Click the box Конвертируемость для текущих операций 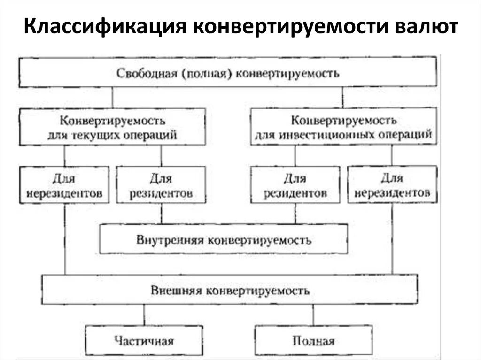(x=112, y=127)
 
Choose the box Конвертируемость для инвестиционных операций (x=343, y=127)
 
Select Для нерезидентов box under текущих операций (x=64, y=184)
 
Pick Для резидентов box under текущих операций (x=161, y=184)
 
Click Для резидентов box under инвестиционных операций (x=295, y=184)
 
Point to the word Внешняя (x=174, y=290)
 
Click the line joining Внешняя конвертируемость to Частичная (x=144, y=315)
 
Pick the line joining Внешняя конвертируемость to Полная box (x=313, y=315)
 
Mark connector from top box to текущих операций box (x=112, y=98)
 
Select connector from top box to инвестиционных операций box (x=342, y=98)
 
